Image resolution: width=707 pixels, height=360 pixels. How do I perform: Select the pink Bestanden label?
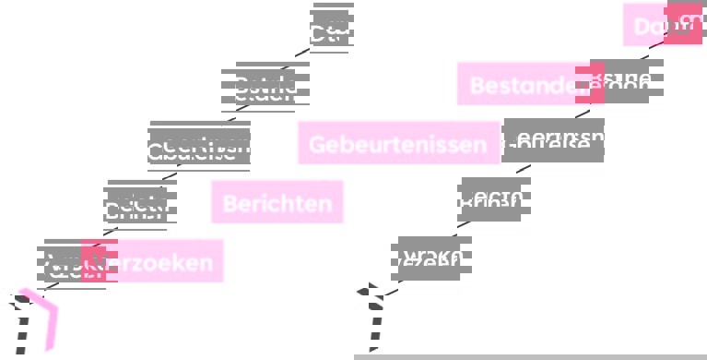pos(516,85)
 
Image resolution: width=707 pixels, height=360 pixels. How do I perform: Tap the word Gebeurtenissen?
pos(397,144)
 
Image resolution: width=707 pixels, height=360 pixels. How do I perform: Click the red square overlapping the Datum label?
pos(683,24)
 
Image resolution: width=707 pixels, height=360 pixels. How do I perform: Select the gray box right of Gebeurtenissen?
pos(554,140)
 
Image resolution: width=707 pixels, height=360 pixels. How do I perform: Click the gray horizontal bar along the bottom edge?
pos(530,356)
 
